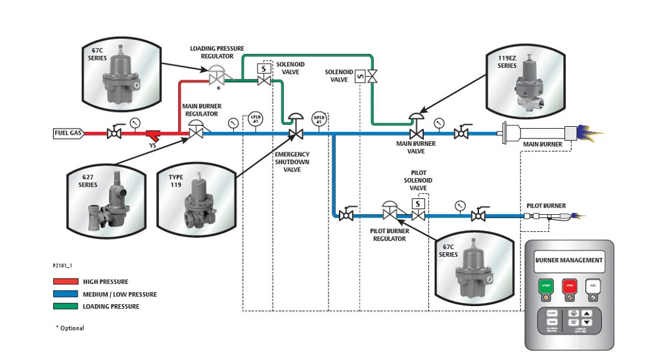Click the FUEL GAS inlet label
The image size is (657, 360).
coord(68,133)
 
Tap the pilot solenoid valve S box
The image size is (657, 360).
coord(419,204)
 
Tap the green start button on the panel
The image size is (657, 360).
coord(546,286)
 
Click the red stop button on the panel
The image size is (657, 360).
coord(570,286)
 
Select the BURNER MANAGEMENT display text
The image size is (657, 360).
coord(569,261)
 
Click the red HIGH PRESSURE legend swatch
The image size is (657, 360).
coord(65,282)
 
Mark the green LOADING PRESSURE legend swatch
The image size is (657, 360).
coord(65,306)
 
